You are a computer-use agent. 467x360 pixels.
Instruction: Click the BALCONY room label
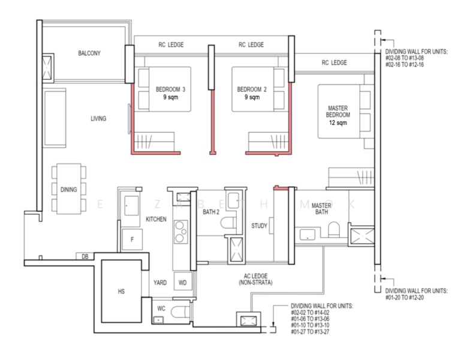point(89,53)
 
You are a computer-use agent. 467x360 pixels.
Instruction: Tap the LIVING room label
point(98,119)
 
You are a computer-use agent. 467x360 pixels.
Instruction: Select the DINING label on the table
point(68,190)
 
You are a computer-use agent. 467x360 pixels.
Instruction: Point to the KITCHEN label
point(156,220)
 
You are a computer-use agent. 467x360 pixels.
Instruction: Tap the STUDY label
point(260,226)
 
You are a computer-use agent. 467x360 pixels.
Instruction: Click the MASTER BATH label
point(322,209)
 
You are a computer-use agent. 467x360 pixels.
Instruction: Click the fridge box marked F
point(132,240)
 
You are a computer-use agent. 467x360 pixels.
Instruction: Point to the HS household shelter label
point(121,292)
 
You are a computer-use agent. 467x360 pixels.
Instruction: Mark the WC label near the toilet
point(161,308)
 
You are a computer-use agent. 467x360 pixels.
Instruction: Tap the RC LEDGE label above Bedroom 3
point(171,45)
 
